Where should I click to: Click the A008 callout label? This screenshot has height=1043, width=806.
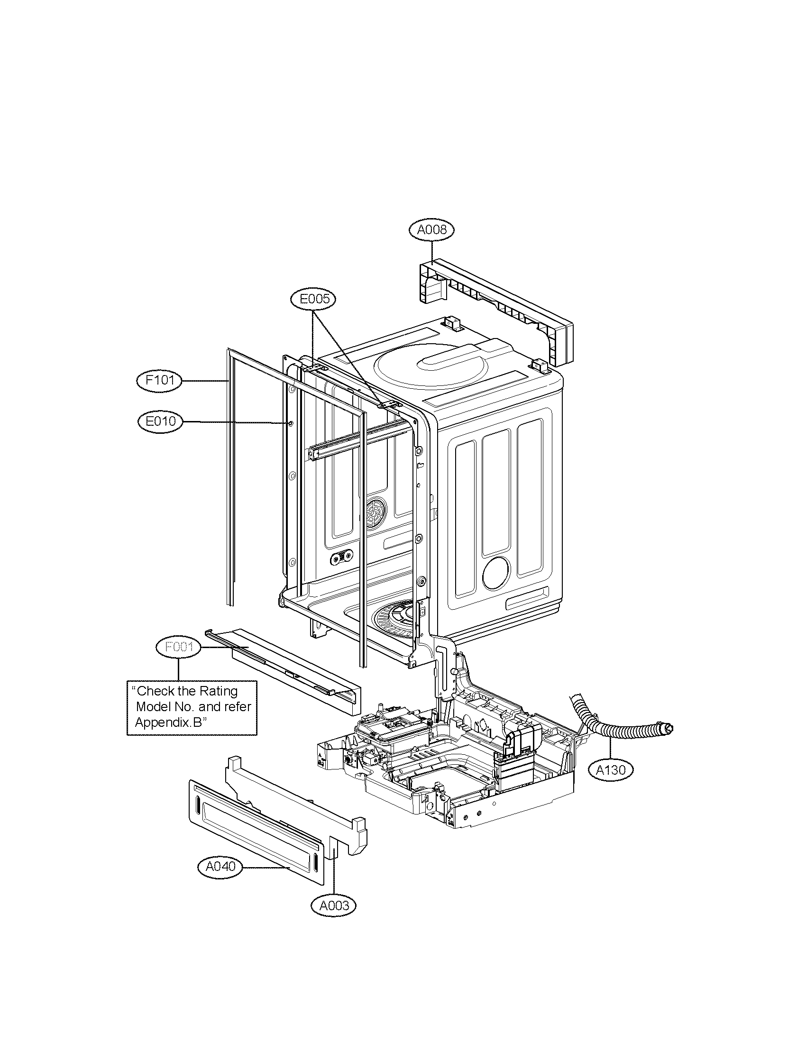(x=431, y=230)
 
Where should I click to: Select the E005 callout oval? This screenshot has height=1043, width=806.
(x=313, y=299)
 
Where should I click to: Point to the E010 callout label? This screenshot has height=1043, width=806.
(x=160, y=421)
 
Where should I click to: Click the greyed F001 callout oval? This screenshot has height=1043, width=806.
(x=179, y=648)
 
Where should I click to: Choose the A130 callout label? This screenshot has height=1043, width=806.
(x=611, y=769)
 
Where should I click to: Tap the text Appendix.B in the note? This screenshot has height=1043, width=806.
(x=169, y=722)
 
